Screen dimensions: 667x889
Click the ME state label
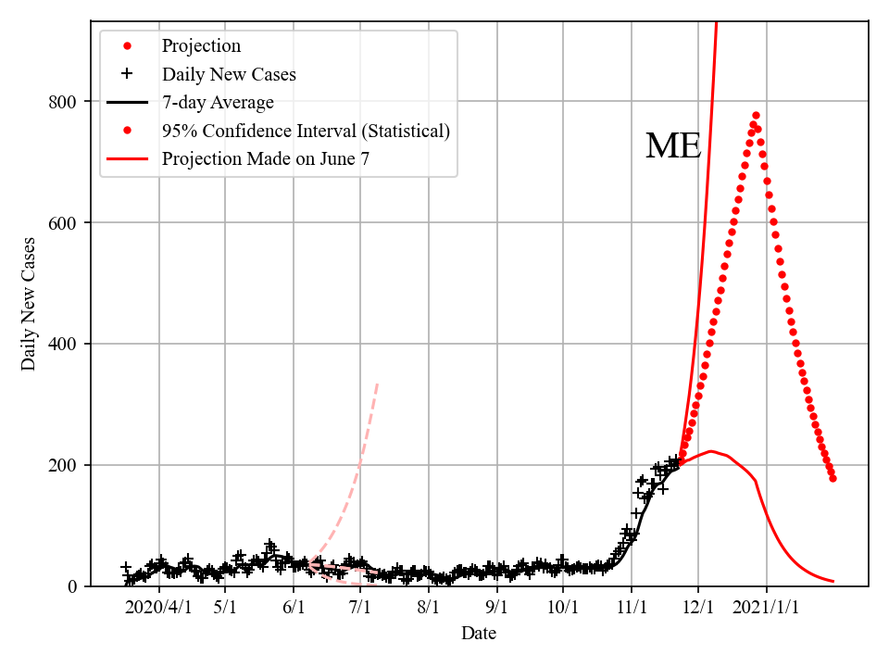tap(673, 146)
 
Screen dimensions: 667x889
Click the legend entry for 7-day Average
tap(218, 102)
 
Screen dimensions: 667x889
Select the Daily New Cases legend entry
tap(229, 74)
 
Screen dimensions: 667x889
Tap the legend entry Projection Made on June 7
tap(266, 158)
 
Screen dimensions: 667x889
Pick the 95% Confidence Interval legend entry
tap(306, 131)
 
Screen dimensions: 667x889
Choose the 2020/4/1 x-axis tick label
tap(159, 608)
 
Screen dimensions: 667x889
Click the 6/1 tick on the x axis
tap(294, 608)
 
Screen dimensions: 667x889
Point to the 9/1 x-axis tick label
tap(497, 608)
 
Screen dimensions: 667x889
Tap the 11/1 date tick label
tap(632, 608)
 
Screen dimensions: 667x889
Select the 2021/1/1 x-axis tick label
tap(768, 608)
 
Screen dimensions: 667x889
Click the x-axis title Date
tap(479, 634)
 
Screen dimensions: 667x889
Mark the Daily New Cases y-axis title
tap(29, 304)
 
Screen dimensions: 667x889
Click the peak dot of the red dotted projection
tap(756, 116)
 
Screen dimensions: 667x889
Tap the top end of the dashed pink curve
tap(378, 383)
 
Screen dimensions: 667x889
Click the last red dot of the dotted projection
tap(833, 478)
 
